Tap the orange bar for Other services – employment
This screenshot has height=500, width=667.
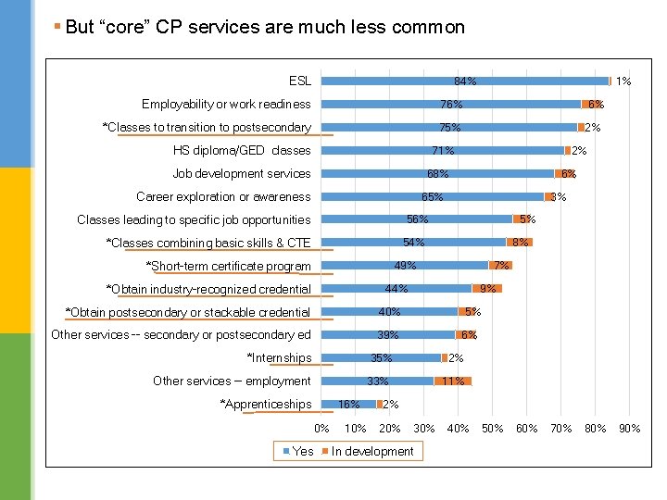coord(453,381)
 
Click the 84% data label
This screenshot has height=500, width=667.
coord(466,81)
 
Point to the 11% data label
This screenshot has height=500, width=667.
coord(453,381)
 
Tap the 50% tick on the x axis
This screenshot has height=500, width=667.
coord(492,428)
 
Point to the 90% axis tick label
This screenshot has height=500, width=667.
coord(630,428)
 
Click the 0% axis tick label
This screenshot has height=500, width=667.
coord(321,428)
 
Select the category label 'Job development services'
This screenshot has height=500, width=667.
coord(242,173)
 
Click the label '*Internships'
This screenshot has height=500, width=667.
coord(279,358)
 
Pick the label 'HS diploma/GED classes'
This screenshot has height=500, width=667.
coord(242,150)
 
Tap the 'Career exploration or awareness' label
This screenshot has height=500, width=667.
coord(223,196)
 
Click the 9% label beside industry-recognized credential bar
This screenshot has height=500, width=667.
coord(487,289)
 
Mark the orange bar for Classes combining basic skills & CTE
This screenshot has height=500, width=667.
coord(520,243)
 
